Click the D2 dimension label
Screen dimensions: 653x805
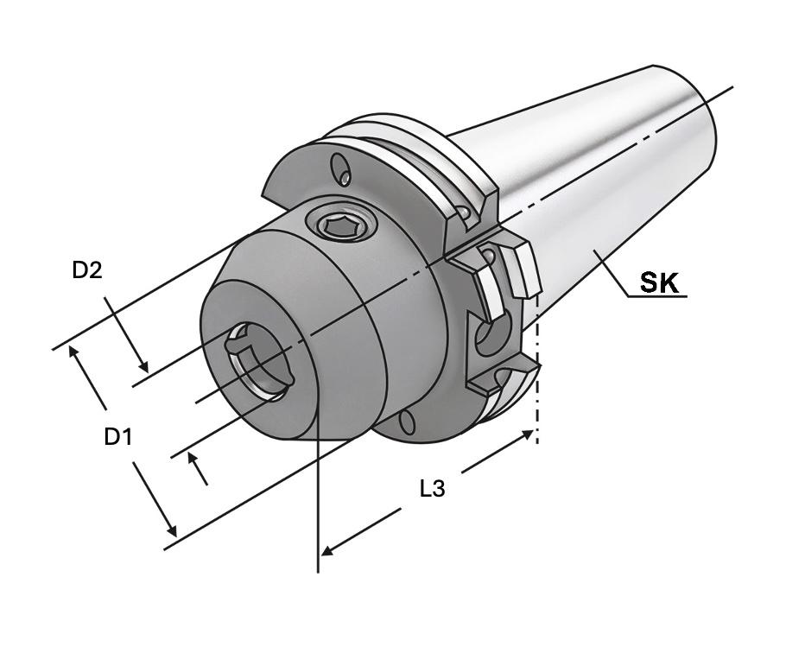[x=87, y=270]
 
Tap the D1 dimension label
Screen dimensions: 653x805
[x=118, y=437]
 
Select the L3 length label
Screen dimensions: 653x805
[x=432, y=489]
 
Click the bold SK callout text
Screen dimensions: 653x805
[x=659, y=282]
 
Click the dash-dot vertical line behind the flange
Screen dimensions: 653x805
[x=537, y=406]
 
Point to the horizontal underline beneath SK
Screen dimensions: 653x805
[x=657, y=296]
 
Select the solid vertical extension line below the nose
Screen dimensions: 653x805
[x=319, y=501]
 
